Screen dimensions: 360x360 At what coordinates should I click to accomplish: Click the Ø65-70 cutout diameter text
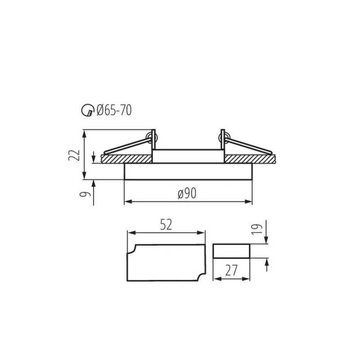pyautogui.click(x=114, y=110)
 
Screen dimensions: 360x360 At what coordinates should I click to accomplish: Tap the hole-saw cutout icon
pyautogui.click(x=88, y=110)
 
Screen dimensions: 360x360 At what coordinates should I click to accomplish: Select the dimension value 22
pyautogui.click(x=74, y=155)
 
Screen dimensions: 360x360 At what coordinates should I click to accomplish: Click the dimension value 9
pyautogui.click(x=85, y=194)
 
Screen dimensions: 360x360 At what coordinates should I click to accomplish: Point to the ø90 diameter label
pyautogui.click(x=187, y=193)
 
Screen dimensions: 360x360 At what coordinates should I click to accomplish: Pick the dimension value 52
pyautogui.click(x=166, y=225)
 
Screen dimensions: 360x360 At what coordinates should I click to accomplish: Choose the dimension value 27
pyautogui.click(x=231, y=270)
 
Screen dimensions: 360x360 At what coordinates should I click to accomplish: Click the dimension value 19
pyautogui.click(x=257, y=229)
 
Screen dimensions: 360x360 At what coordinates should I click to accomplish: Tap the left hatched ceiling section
pyautogui.click(x=126, y=159)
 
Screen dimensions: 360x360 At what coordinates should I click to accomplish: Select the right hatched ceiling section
pyautogui.click(x=250, y=159)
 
